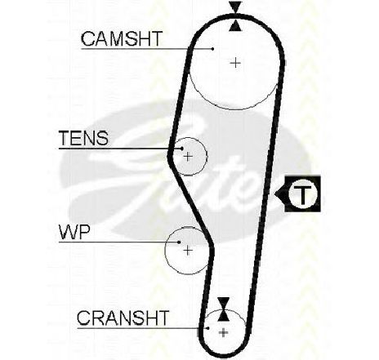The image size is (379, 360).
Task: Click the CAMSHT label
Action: click(x=122, y=38)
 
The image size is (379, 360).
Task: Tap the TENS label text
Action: click(x=83, y=138)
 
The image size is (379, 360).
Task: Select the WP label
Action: click(x=74, y=233)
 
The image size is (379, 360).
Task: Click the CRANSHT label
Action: click(x=123, y=318)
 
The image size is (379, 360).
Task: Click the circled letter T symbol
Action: click(x=303, y=194)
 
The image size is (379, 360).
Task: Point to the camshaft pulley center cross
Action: click(x=235, y=63)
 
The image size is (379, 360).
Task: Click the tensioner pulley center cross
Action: click(x=188, y=157)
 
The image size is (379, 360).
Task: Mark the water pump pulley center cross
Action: click(x=188, y=250)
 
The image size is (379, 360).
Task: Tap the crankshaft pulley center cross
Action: click(x=224, y=332)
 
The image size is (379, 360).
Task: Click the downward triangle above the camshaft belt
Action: click(x=235, y=7)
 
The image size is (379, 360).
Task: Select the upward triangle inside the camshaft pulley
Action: click(x=235, y=25)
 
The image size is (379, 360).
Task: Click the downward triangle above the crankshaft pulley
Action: click(x=224, y=303)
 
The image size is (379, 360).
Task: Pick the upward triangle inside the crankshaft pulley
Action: click(x=224, y=315)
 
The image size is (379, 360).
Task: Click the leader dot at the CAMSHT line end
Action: click(x=212, y=49)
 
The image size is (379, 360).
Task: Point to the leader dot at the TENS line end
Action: click(x=182, y=149)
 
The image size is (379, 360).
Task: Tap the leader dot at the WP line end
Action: click(x=179, y=242)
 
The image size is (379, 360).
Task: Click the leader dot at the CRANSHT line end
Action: click(x=207, y=328)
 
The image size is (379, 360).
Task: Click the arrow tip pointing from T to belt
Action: click(x=274, y=194)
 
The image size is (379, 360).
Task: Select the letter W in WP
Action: click(x=68, y=233)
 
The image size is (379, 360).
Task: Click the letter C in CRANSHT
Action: click(x=83, y=318)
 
